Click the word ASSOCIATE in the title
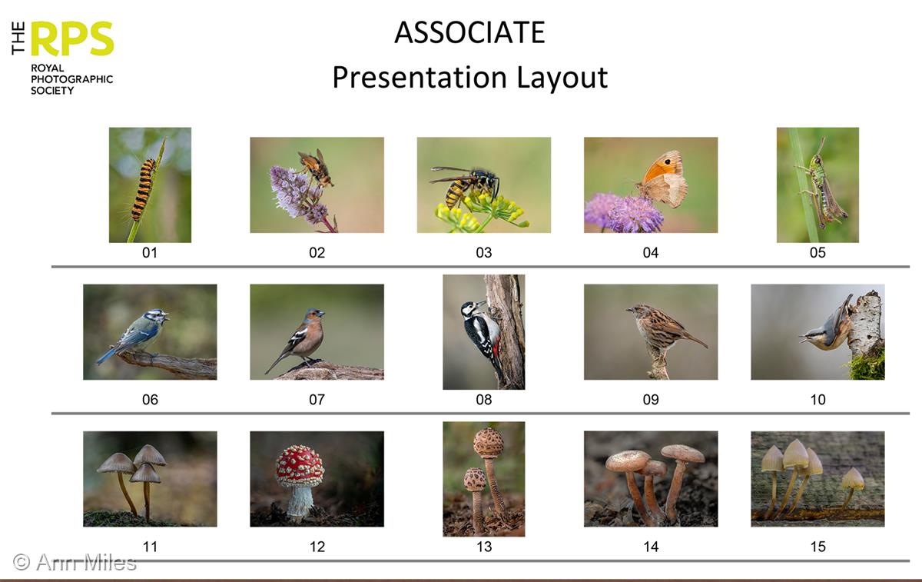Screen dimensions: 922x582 tap(469, 32)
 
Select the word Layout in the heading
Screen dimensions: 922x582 tap(562, 78)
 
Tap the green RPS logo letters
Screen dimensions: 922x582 tap(72, 38)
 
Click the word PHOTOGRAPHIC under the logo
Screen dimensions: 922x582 tap(72, 79)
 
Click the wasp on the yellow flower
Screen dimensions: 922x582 tap(465, 186)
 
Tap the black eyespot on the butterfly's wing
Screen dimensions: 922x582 tap(667, 162)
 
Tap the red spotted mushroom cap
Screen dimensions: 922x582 tap(300, 466)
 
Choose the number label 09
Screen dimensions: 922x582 tap(651, 400)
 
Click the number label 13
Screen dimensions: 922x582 tap(484, 547)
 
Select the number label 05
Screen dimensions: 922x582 tap(818, 252)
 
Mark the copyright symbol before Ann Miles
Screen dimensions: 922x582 tap(22, 562)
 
